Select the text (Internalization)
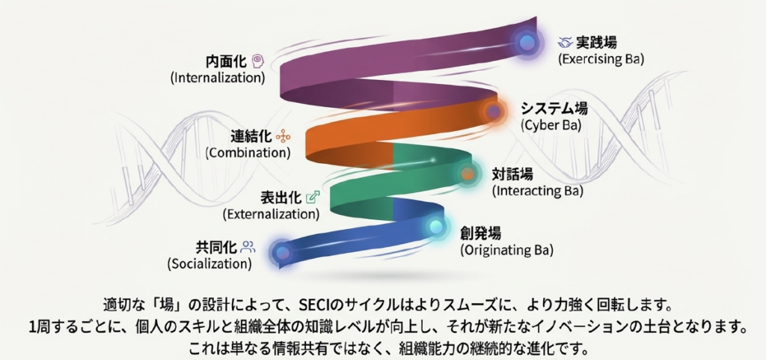pyautogui.click(x=218, y=77)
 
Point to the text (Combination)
pyautogui.click(x=248, y=152)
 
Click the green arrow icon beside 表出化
pyautogui.click(x=313, y=197)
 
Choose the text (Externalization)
pyautogui.click(x=271, y=213)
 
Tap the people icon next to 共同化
pyautogui.click(x=248, y=246)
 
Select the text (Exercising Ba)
pyautogui.click(x=601, y=58)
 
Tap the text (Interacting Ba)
pyautogui.click(x=537, y=191)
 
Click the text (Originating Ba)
pyautogui.click(x=507, y=249)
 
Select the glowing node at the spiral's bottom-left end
pyautogui.click(x=281, y=252)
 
